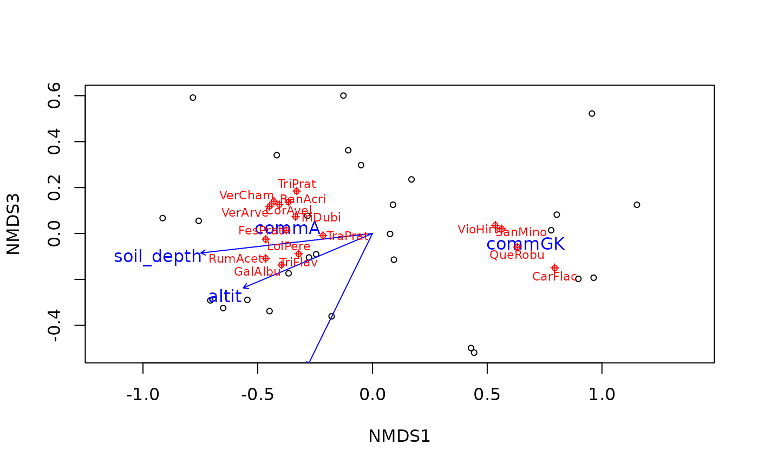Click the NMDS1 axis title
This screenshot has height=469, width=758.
[399, 437]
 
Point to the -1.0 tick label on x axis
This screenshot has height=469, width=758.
[142, 394]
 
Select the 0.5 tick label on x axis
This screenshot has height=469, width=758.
[487, 394]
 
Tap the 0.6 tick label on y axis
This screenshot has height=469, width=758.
[54, 96]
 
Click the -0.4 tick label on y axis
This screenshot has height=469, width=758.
[54, 325]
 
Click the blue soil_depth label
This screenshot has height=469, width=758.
[158, 256]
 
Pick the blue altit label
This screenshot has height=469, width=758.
[225, 296]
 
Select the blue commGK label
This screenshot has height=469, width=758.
[525, 244]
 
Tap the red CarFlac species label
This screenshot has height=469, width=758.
[554, 277]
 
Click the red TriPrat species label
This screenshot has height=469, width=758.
[297, 184]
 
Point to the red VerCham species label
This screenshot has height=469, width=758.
[246, 196]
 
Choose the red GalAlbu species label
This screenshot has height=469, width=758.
[257, 272]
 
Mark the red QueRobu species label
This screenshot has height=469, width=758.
[517, 255]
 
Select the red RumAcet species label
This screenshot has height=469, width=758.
[236, 259]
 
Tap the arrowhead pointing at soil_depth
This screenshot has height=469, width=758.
[201, 253]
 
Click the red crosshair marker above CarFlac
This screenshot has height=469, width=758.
[554, 268]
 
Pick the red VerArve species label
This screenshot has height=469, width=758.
[245, 213]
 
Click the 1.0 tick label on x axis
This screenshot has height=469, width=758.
[602, 394]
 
